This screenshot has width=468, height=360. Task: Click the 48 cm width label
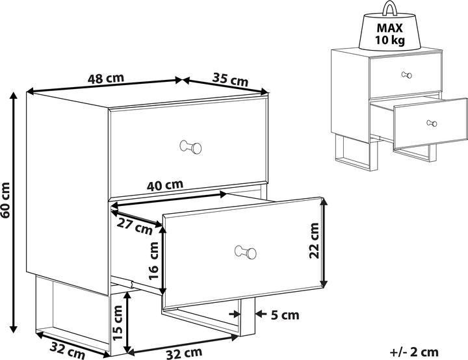(x=106, y=78)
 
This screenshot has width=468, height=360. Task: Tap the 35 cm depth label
(x=230, y=80)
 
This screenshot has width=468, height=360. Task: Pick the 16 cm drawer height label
(x=154, y=259)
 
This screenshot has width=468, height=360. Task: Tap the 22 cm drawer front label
(x=314, y=242)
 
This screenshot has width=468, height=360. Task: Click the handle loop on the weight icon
(x=389, y=9)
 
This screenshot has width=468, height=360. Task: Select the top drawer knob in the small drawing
(x=407, y=75)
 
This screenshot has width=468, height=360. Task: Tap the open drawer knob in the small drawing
(x=431, y=123)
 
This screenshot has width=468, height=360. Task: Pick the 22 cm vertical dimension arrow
(x=324, y=242)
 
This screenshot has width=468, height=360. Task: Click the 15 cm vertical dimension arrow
(x=130, y=320)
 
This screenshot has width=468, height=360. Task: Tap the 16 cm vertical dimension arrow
(x=164, y=260)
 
